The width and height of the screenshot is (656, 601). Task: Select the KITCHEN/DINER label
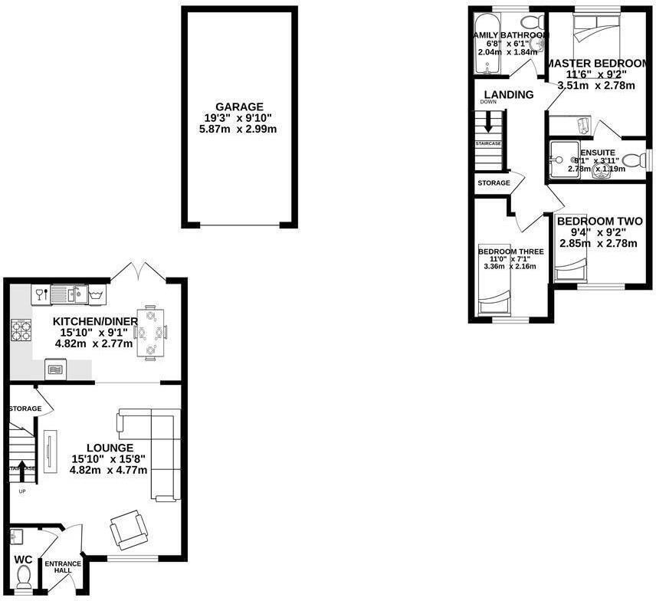tap(95, 320)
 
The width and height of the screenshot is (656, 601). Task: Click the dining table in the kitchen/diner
tap(149, 333)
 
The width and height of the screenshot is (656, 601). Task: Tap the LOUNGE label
tap(110, 448)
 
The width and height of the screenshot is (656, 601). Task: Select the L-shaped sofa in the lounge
tap(158, 452)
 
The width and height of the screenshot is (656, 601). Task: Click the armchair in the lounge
tap(126, 529)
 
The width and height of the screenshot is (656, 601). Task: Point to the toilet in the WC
tap(23, 575)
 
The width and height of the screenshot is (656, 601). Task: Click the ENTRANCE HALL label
tap(62, 568)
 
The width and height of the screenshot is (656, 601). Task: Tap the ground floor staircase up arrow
tap(22, 466)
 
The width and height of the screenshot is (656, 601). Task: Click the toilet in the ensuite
tap(633, 160)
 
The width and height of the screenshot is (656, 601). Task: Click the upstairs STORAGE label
tap(494, 183)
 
